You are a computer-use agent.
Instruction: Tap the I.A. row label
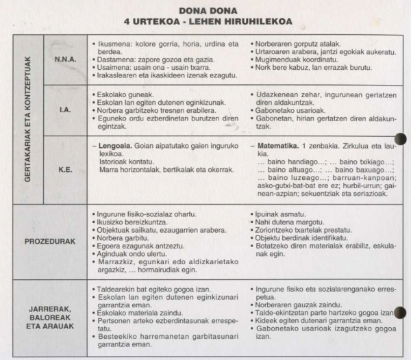pos(65,107)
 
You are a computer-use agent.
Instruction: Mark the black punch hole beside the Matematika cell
pos(400,140)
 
